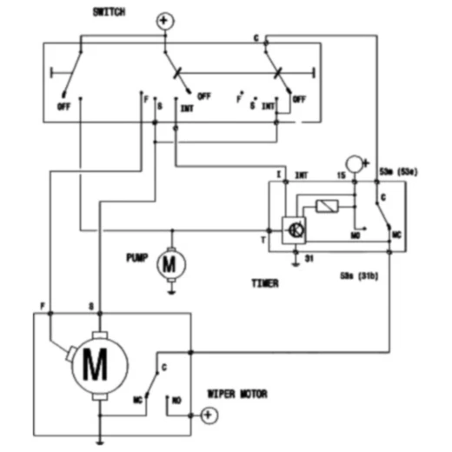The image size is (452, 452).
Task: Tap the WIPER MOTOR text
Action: pyautogui.click(x=237, y=394)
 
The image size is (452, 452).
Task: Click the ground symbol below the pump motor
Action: pyautogui.click(x=170, y=292)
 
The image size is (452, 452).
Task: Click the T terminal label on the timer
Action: pyautogui.click(x=263, y=237)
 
